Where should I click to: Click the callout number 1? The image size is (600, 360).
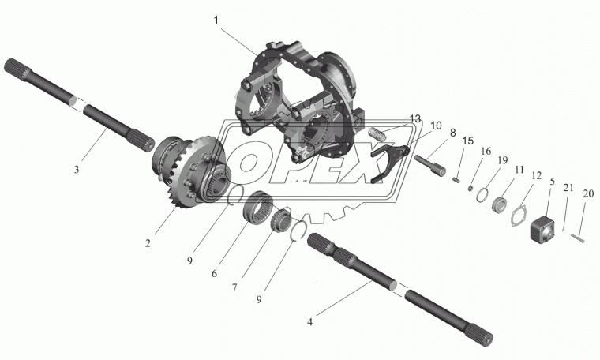pos(216,20)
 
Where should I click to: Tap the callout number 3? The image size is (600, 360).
pos(77,169)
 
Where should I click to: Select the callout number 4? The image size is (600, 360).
pos(309,322)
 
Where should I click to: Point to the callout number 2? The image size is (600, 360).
pos(148,243)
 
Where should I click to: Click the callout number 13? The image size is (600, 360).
pos(414,118)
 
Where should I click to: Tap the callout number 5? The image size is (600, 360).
pos(552,182)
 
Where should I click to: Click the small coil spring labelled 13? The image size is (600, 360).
pos(376,134)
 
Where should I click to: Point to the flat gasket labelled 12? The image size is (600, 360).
pos(519,216)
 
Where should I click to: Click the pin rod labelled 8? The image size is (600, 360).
pos(429,165)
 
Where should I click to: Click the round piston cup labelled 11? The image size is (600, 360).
pos(499,204)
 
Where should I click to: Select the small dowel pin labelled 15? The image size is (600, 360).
pos(456,180)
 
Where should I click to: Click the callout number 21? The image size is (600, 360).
pos(568,187)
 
